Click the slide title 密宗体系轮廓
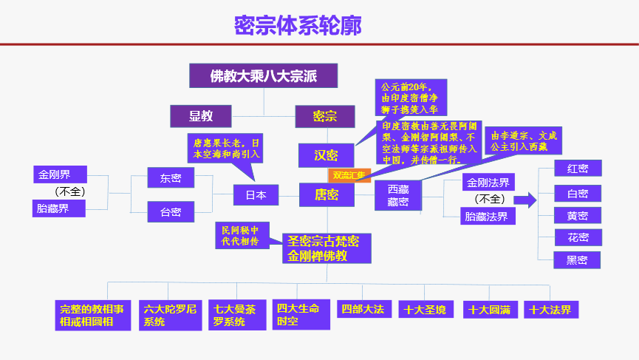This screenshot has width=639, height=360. [x=298, y=26]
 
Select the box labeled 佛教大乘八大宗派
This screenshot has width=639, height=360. [x=263, y=75]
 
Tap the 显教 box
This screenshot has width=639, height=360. [x=201, y=115]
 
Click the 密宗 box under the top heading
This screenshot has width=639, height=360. [x=324, y=116]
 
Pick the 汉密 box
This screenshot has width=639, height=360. [x=325, y=155]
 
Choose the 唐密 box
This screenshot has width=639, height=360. [x=326, y=194]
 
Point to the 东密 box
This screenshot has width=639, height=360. [x=171, y=177]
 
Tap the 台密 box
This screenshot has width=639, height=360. [x=171, y=212]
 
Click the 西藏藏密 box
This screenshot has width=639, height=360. [x=398, y=195]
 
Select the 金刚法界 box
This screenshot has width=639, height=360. [x=488, y=182]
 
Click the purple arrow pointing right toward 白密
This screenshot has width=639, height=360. [x=524, y=199]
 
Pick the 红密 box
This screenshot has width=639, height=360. [x=578, y=168]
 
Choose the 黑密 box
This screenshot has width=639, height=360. [x=578, y=260]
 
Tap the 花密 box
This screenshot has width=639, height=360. [x=578, y=237]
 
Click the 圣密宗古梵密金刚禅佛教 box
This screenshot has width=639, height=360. [x=326, y=248]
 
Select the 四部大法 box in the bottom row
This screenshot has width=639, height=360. [x=362, y=310]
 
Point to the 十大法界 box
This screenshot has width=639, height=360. [x=550, y=310]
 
